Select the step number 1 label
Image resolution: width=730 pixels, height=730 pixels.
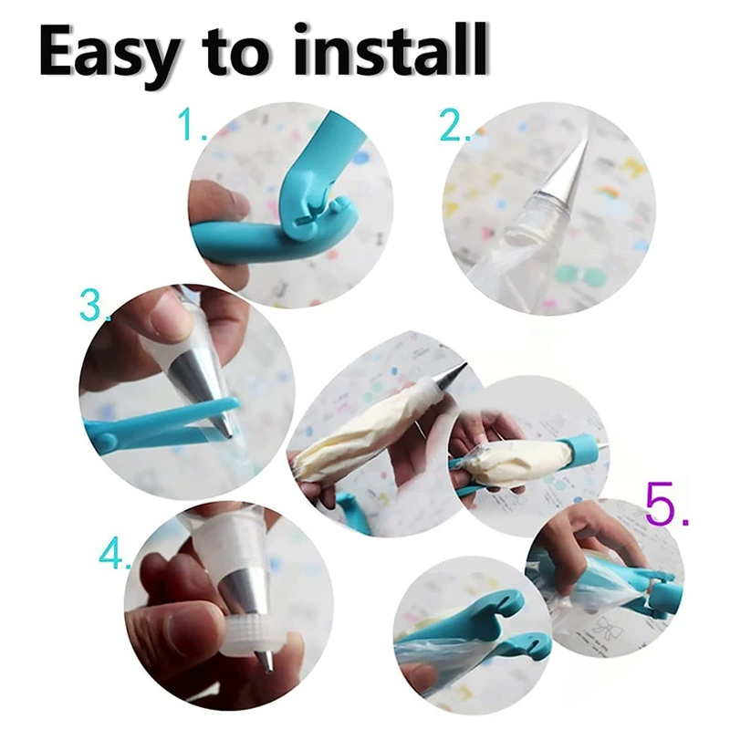click(x=192, y=124)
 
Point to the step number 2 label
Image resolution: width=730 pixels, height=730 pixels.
click(x=454, y=126)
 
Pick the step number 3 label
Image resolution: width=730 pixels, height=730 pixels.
click(x=93, y=306)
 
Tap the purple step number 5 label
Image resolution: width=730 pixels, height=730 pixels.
click(x=666, y=503)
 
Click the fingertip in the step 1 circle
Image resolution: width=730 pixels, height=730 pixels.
click(x=219, y=200)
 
